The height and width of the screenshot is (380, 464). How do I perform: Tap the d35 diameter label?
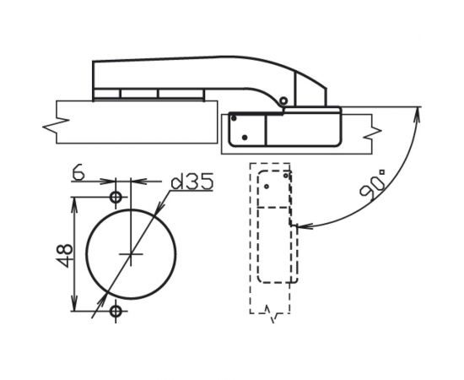click(190, 182)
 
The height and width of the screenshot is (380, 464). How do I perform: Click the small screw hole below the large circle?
click(116, 312)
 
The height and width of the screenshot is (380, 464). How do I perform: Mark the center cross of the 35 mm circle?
click(131, 254)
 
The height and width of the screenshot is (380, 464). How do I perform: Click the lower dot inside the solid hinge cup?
click(245, 137)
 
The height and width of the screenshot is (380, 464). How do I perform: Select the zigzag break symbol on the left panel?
click(52, 125)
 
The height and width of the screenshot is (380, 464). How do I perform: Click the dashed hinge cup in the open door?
click(277, 228)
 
